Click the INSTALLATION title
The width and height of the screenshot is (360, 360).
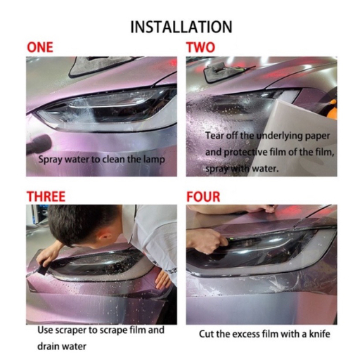pos(181,27)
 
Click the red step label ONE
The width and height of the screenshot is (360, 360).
pos(40,47)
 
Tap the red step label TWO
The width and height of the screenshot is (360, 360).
pos(200,47)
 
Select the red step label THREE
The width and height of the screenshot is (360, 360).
pos(46,196)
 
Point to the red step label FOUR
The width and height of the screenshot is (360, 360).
pos(203,197)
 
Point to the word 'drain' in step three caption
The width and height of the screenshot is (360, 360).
pos(48,346)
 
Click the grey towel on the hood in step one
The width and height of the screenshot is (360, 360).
pos(98,65)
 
